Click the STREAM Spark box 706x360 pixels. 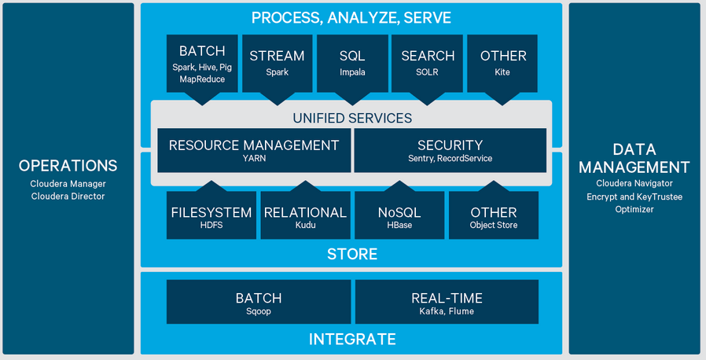[277, 63]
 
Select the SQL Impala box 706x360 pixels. [352, 63]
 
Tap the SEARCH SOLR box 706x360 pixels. [428, 63]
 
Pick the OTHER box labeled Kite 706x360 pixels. [503, 63]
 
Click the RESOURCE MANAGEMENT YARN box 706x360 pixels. [254, 150]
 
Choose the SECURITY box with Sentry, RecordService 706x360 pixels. [450, 150]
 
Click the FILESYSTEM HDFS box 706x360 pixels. [211, 216]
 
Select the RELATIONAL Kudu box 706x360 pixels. [305, 216]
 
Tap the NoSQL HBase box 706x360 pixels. [399, 216]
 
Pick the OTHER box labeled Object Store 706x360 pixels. [494, 216]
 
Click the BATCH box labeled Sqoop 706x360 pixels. [259, 303]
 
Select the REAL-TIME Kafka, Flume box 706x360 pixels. [447, 303]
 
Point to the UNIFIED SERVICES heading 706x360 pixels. [352, 118]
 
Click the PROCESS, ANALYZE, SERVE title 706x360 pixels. [351, 17]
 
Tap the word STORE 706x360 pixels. [352, 254]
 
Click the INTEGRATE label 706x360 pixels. [352, 339]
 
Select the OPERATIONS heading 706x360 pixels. [68, 166]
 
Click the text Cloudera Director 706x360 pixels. [68, 196]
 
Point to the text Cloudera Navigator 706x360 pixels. [634, 183]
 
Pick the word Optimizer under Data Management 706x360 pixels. [634, 209]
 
